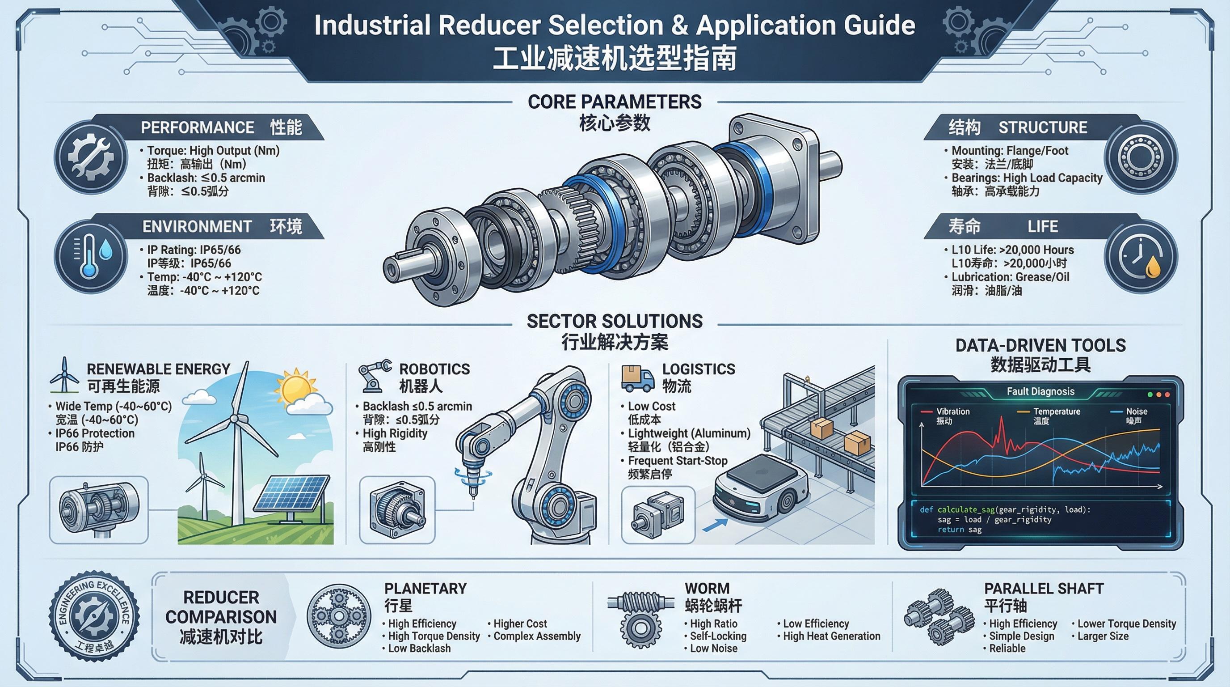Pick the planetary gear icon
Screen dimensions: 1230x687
pos(338,616)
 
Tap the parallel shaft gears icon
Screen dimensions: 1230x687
pos(939,616)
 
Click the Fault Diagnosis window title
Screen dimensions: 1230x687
pos(1040,391)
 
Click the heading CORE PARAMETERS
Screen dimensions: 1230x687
pos(615,102)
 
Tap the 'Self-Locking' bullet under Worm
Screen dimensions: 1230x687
pos(718,636)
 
